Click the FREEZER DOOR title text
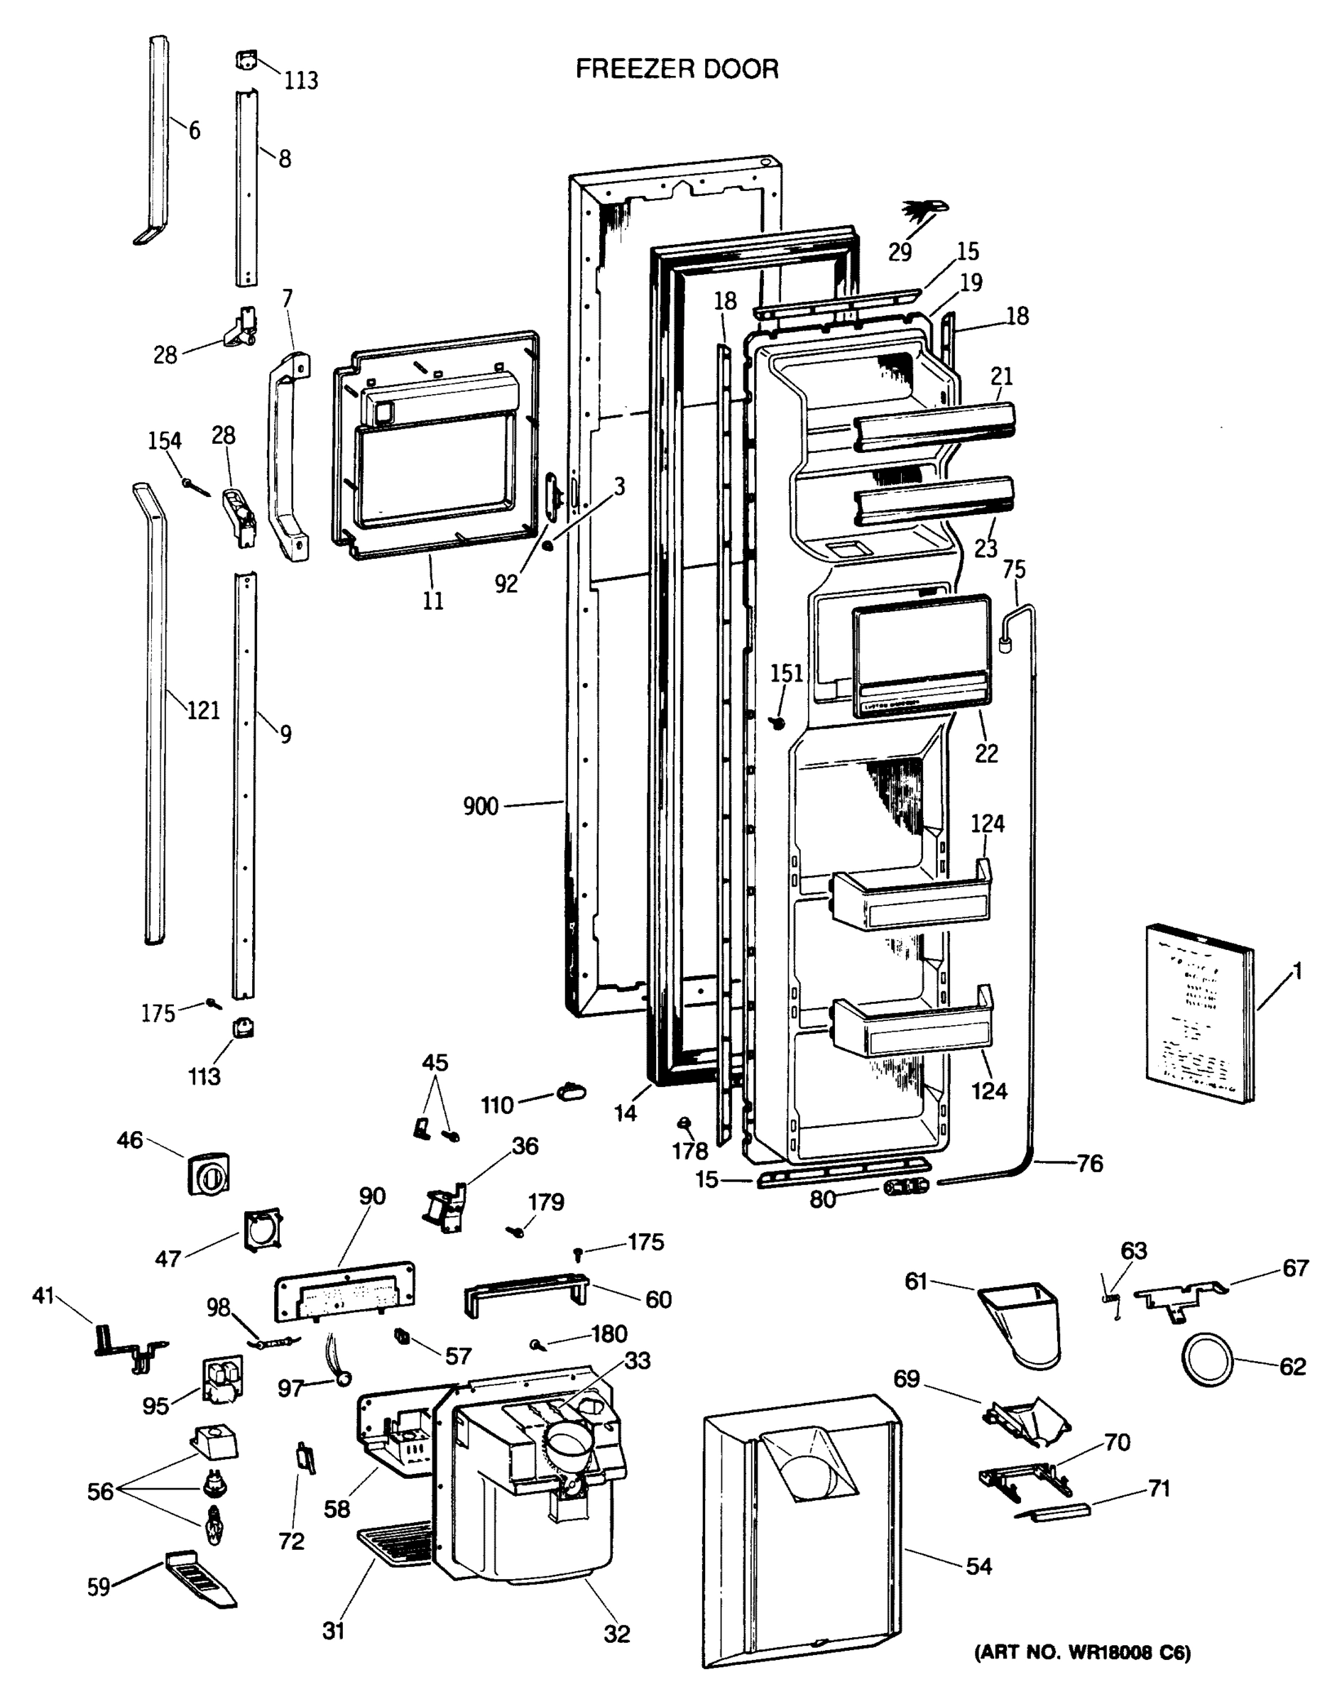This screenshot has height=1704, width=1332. (x=677, y=70)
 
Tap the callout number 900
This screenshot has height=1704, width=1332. (x=480, y=806)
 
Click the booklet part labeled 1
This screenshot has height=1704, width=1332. (x=1199, y=1012)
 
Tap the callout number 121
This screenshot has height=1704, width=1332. (x=203, y=710)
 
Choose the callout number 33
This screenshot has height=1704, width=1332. (x=637, y=1360)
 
